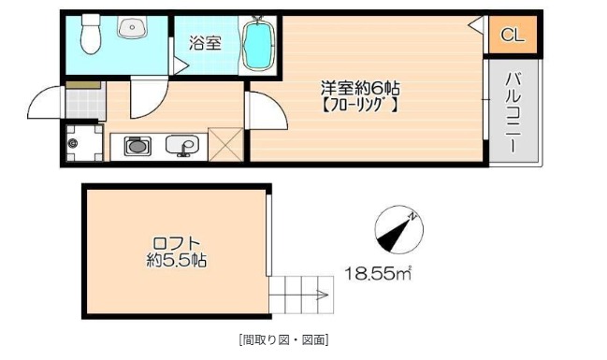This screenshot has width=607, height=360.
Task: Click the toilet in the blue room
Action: click(x=91, y=35)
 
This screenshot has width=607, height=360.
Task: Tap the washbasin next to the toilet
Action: click(x=132, y=28)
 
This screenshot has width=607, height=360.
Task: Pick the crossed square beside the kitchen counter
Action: click(x=225, y=146)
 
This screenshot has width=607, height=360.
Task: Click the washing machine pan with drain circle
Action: click(x=83, y=144)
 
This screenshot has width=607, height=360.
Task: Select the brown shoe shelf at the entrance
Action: click(x=83, y=85)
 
